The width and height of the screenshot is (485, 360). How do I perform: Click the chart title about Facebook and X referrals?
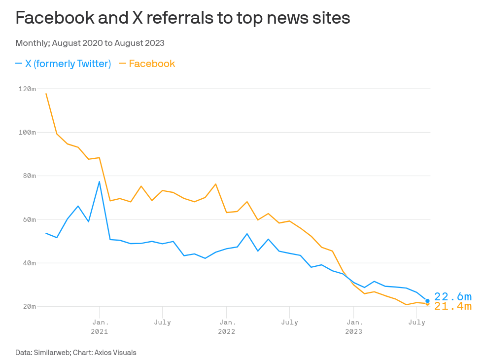(183, 18)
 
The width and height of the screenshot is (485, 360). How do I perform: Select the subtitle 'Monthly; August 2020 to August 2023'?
(90, 43)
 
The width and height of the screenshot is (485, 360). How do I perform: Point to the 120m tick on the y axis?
(27, 89)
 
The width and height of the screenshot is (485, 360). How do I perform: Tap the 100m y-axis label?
(27, 132)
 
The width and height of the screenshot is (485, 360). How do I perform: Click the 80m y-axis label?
(29, 176)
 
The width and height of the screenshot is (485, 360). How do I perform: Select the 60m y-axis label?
(29, 219)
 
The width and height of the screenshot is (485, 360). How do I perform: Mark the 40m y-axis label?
(29, 263)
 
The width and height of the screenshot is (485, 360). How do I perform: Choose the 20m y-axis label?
(29, 306)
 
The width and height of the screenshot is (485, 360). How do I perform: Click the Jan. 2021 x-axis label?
(100, 327)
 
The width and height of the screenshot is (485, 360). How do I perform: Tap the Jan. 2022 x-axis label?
(227, 327)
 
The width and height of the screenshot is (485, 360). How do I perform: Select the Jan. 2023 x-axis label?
(353, 327)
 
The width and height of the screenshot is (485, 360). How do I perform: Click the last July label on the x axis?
(417, 323)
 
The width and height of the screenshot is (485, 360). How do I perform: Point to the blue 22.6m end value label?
(452, 296)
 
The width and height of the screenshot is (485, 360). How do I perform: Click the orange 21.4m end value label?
(452, 307)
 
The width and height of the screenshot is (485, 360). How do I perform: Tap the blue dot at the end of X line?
(427, 301)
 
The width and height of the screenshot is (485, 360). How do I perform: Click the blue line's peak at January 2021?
(100, 181)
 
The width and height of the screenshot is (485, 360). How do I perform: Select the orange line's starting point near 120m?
(46, 93)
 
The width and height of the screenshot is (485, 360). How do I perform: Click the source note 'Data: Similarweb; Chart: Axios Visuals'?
(76, 353)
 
